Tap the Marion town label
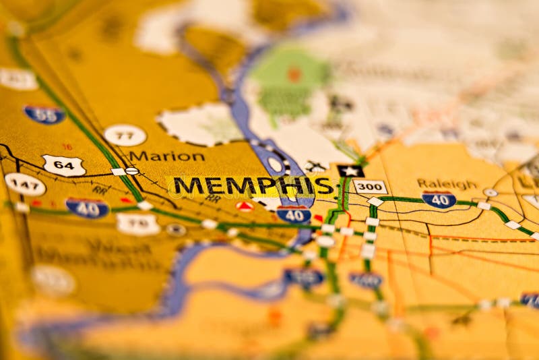point(166,156)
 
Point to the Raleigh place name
point(447,183)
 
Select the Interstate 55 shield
point(44,114)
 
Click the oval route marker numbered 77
point(125,135)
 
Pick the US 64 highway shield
point(63,165)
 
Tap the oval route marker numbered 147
point(25,184)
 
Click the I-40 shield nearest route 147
point(88,208)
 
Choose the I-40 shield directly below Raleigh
point(439,200)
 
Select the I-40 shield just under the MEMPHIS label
point(294,214)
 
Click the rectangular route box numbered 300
point(370,187)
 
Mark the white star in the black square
point(350,171)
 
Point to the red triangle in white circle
point(245,206)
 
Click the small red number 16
point(67,146)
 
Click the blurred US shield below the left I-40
point(137,224)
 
